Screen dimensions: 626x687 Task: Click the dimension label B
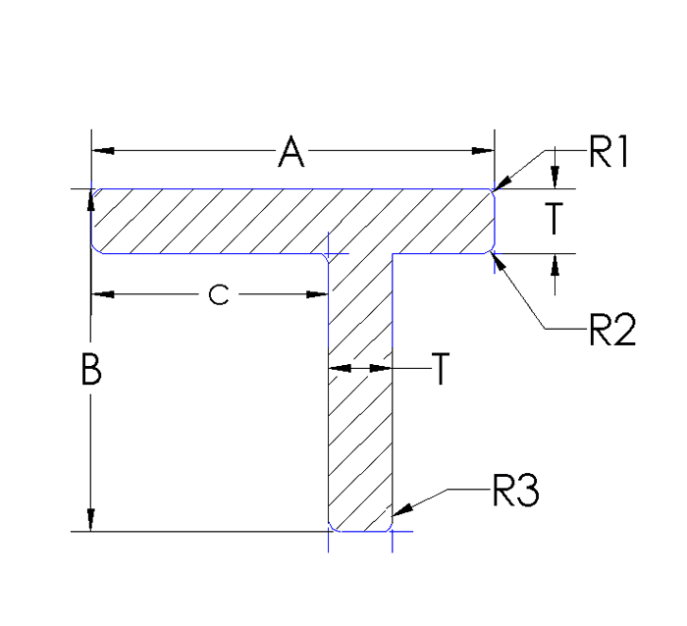coord(90,372)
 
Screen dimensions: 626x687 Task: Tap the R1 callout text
coord(608,153)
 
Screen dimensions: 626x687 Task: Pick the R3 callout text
coord(515,491)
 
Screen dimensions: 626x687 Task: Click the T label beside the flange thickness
coord(555,221)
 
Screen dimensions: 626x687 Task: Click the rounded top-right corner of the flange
coord(491,192)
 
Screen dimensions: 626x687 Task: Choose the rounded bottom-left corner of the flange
coord(95,249)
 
